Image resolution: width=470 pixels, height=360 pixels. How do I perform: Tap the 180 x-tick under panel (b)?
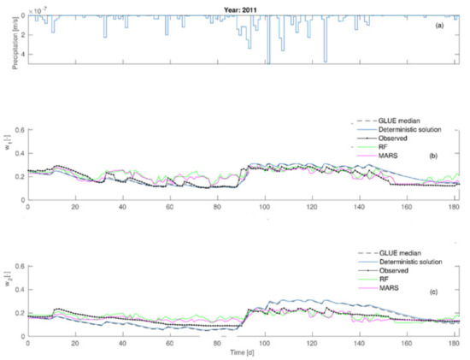455,208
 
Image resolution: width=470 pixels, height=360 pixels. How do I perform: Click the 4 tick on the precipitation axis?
21,55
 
